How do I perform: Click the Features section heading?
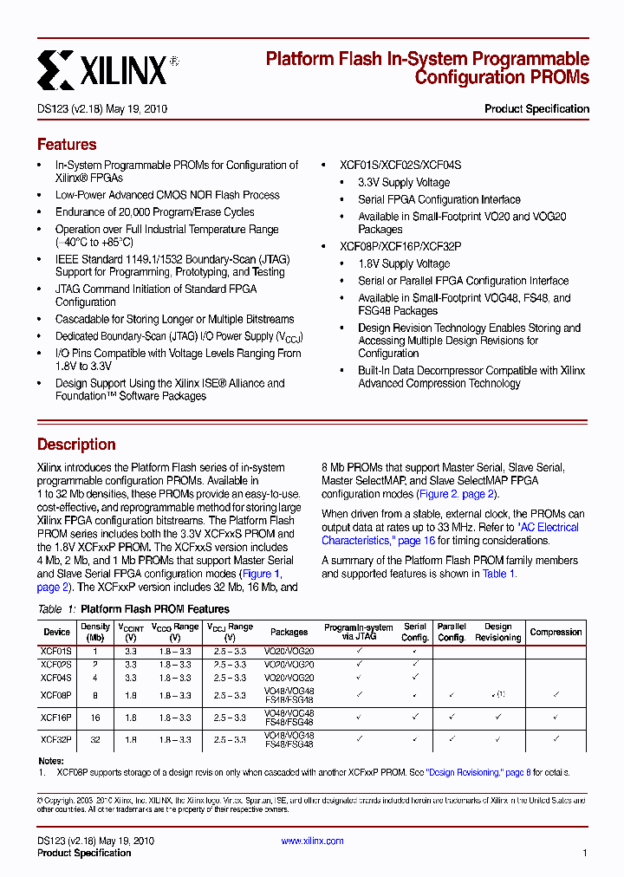67,145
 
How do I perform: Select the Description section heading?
76,445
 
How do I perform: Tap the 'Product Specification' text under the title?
536,109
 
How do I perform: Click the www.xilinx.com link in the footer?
312,841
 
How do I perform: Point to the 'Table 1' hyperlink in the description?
498,574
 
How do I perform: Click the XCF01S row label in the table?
57,650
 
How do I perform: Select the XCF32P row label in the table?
57,740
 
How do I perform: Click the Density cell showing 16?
95,718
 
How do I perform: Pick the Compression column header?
556,633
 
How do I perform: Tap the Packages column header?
289,633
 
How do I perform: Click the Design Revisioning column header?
497,632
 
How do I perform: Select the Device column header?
57,633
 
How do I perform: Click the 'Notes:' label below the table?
51,761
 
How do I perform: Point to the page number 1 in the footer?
585,853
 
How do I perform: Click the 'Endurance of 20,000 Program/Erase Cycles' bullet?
155,212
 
